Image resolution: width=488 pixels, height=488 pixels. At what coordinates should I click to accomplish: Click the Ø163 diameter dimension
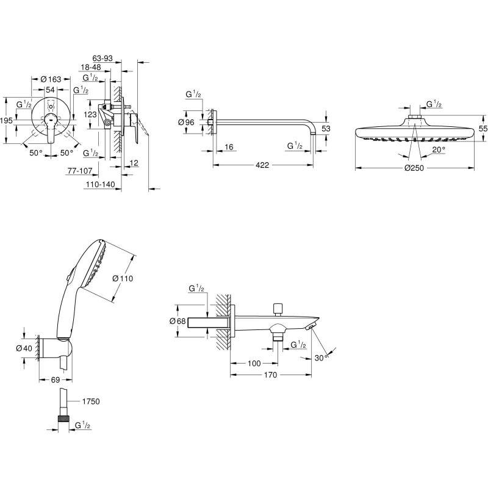(51, 80)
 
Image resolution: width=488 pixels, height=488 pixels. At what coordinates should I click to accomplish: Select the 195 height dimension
(6, 120)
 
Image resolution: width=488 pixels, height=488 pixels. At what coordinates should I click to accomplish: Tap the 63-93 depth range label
(102, 58)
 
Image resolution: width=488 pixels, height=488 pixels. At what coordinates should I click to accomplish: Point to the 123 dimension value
(90, 115)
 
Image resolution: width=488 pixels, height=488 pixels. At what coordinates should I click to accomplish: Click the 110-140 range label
(101, 185)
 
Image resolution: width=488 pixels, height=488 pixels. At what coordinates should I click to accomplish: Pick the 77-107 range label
(80, 171)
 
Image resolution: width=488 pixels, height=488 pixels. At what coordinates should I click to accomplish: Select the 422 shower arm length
(262, 165)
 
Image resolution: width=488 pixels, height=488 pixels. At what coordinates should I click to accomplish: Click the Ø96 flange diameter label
(186, 123)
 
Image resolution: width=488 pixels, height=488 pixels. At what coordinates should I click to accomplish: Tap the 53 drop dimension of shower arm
(326, 129)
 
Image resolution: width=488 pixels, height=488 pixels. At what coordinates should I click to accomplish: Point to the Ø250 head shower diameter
(414, 168)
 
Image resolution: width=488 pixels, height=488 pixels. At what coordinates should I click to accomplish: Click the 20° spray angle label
(439, 149)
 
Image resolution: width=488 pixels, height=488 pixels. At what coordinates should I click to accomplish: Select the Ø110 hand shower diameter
(123, 278)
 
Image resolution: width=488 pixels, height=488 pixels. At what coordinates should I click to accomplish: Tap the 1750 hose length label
(91, 401)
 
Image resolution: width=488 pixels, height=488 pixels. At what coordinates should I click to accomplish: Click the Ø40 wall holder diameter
(24, 348)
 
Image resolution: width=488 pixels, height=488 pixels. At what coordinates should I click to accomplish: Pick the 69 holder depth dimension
(55, 380)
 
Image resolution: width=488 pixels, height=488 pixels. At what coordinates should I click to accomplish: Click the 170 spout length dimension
(270, 375)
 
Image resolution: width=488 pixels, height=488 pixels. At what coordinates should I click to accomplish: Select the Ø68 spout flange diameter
(178, 321)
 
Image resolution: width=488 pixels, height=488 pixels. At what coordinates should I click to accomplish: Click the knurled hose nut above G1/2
(63, 418)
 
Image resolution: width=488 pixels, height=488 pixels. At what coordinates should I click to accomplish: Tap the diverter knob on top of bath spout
(278, 309)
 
